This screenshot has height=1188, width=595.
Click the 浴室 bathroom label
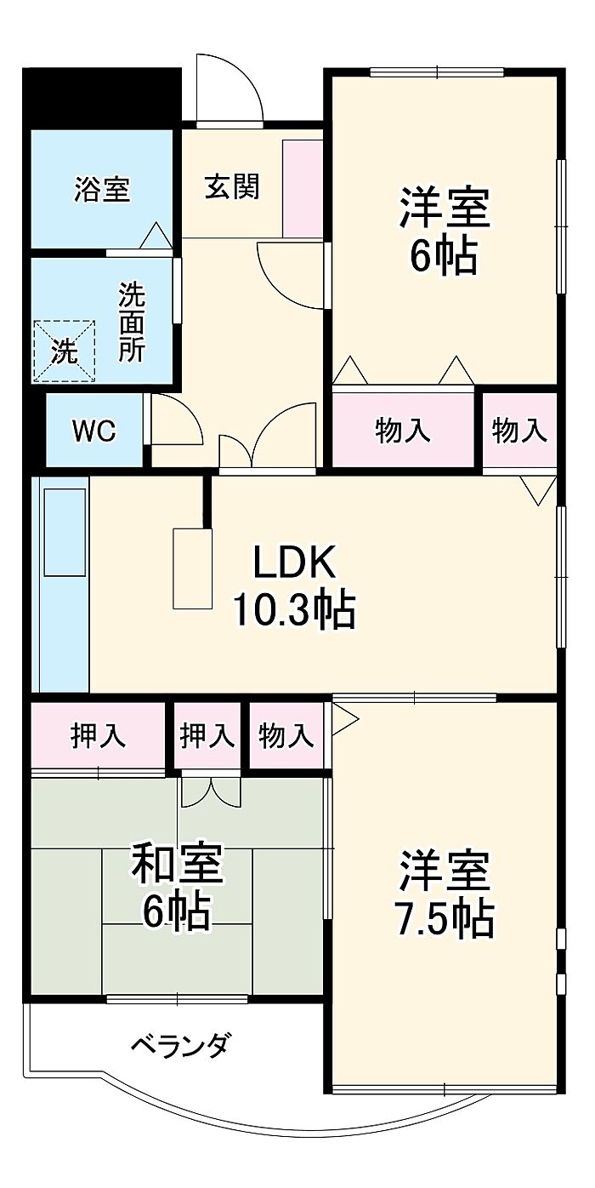[x=102, y=189]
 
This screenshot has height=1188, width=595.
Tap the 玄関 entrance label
[x=231, y=186]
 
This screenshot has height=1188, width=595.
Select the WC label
[x=93, y=431]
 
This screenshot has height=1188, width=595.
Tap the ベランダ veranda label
[x=179, y=1043]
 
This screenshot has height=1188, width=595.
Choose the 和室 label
[x=177, y=864]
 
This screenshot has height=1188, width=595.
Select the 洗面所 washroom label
[x=132, y=322]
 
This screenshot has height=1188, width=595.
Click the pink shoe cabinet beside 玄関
[x=302, y=189]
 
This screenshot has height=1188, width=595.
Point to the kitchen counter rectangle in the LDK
[x=193, y=568]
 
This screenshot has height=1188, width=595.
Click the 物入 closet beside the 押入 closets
[x=286, y=735]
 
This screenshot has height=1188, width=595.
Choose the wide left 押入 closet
[x=98, y=735]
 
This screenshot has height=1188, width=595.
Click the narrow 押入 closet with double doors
[x=207, y=735]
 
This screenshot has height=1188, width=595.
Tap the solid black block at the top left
[x=101, y=95]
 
